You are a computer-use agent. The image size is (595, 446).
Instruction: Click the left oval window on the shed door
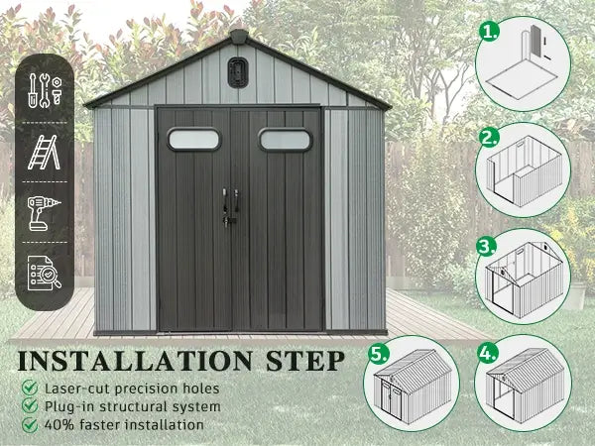pyautogui.click(x=193, y=139)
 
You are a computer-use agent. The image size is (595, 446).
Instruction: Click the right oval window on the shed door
pyautogui.click(x=286, y=140)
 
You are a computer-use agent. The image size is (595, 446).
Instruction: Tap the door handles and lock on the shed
pyautogui.click(x=230, y=208)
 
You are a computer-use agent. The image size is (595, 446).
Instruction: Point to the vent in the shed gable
pyautogui.click(x=238, y=72)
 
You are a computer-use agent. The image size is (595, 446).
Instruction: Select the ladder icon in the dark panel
pyautogui.click(x=44, y=152)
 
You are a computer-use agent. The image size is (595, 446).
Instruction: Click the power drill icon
pyautogui.click(x=44, y=213)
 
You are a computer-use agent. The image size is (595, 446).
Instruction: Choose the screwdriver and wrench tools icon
pyautogui.click(x=45, y=90)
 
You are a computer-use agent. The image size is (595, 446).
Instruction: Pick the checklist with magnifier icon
pyautogui.click(x=45, y=274)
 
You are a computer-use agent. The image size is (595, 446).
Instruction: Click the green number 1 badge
pyautogui.click(x=488, y=32)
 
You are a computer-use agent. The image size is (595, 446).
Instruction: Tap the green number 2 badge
pyautogui.click(x=488, y=138)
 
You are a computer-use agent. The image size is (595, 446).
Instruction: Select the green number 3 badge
pyautogui.click(x=486, y=247)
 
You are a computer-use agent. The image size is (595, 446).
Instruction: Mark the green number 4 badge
pyautogui.click(x=488, y=354)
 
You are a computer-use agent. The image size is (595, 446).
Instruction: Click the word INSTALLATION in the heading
pyautogui.click(x=135, y=361)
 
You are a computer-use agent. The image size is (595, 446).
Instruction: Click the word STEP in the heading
pyautogui.click(x=305, y=361)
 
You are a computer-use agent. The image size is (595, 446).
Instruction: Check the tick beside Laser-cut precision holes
pyautogui.click(x=30, y=388)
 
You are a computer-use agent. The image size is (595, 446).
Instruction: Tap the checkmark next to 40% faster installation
pyautogui.click(x=30, y=425)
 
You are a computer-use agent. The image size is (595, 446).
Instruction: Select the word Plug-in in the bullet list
pyautogui.click(x=70, y=407)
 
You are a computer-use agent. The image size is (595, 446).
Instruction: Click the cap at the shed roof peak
pyautogui.click(x=238, y=36)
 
